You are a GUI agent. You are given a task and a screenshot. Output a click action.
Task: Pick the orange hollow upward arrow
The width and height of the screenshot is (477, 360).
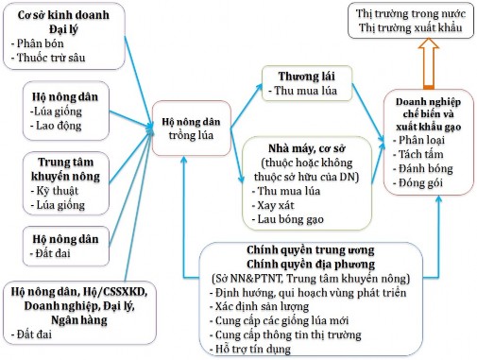click(429, 64)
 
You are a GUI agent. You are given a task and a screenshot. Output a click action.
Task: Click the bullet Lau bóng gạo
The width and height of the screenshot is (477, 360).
click(288, 218)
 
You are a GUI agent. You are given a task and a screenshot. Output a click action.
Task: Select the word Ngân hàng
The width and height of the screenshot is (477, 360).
click(74, 320)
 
